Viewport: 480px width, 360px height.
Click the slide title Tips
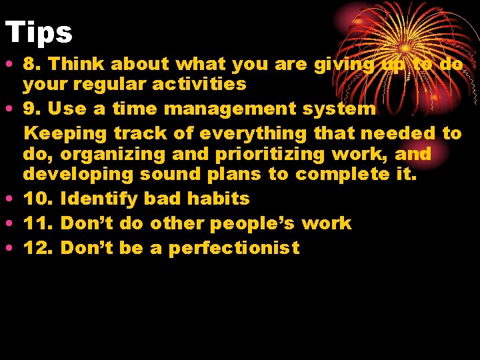tap(39, 32)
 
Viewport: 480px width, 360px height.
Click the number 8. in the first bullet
tap(33, 64)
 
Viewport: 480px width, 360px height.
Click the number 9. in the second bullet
tap(33, 108)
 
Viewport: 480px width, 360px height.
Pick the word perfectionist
tap(234, 249)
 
